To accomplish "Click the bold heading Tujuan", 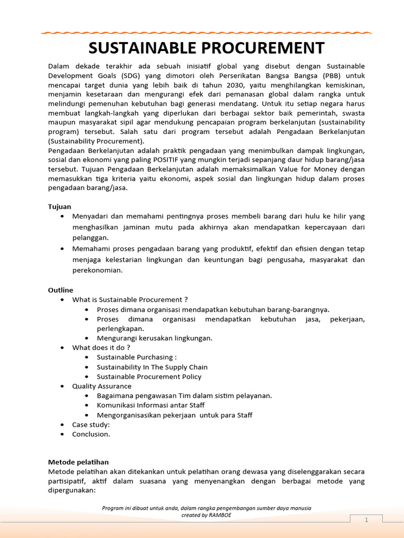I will coord(59,206).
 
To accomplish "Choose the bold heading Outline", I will coord(60,290).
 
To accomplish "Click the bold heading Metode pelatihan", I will coord(78,462).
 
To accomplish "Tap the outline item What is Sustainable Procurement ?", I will coord(130,299).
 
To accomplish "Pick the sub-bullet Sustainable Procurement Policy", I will coord(149,377).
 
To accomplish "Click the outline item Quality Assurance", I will coord(102,386).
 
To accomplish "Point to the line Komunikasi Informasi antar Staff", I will coord(150,405).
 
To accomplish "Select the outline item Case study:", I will coord(91,425).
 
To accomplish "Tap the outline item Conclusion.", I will coord(91,434).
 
